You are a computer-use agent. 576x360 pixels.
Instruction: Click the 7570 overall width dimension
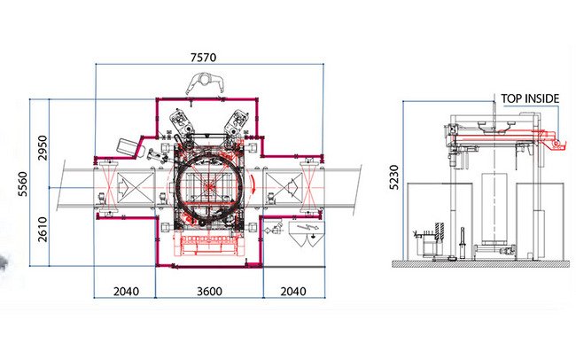point(204,58)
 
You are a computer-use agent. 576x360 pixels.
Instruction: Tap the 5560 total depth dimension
point(23,184)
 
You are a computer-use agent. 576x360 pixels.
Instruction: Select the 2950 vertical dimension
point(43,148)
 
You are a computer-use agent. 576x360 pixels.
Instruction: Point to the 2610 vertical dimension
point(43,229)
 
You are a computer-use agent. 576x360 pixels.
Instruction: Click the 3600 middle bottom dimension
point(209,291)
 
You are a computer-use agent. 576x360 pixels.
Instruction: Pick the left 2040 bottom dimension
point(126,291)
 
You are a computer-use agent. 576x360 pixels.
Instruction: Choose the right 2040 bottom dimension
point(293,291)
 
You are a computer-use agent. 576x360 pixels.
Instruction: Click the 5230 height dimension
point(393,177)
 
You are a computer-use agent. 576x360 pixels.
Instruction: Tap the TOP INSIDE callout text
point(530,98)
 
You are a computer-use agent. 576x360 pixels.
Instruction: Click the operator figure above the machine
point(204,83)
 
